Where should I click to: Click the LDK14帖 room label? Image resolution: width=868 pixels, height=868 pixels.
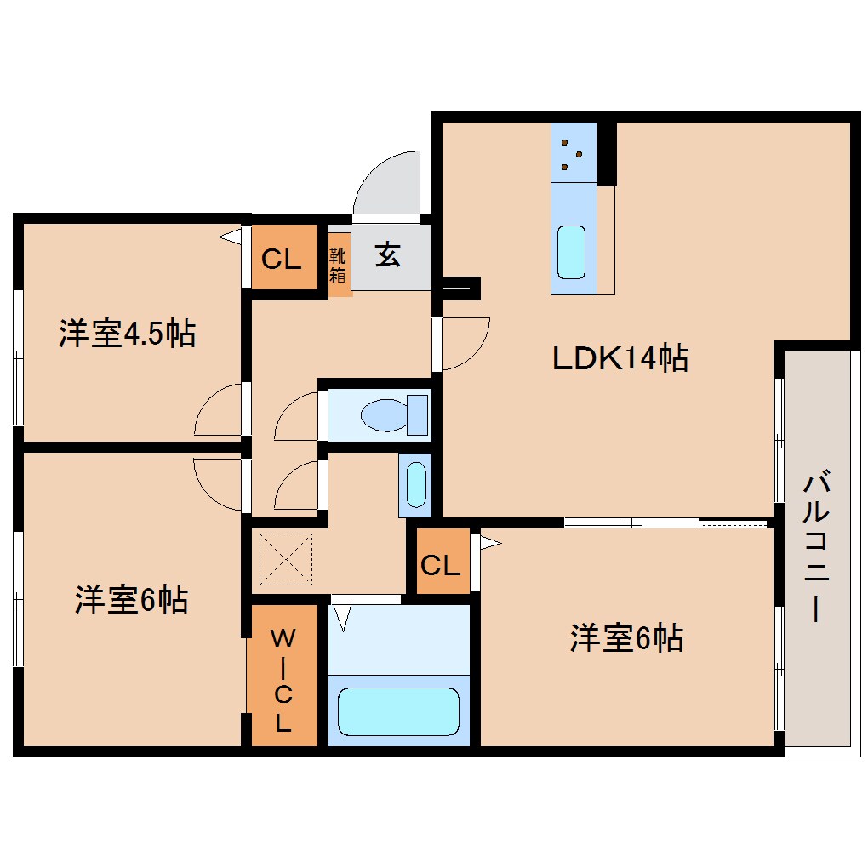(620, 358)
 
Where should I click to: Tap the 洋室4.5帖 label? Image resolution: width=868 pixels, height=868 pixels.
(127, 333)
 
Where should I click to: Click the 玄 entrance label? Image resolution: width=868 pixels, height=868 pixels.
(388, 254)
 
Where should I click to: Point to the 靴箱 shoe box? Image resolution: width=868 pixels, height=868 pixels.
(339, 264)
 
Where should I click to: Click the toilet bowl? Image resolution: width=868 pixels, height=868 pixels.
(385, 415)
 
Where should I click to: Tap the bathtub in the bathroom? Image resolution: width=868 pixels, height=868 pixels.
(398, 711)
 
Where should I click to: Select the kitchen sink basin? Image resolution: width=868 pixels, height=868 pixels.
(571, 252)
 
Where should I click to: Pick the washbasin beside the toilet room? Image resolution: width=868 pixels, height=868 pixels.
(415, 485)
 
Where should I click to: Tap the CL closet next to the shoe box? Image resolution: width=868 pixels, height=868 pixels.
(281, 259)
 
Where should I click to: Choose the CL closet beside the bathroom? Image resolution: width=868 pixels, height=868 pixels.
(441, 564)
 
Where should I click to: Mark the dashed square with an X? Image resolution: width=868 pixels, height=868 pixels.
(286, 559)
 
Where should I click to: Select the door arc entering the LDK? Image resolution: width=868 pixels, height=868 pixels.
(465, 344)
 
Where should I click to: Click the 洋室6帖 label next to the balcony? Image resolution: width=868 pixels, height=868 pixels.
(626, 637)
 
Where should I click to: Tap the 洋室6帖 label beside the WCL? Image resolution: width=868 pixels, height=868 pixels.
(131, 601)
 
